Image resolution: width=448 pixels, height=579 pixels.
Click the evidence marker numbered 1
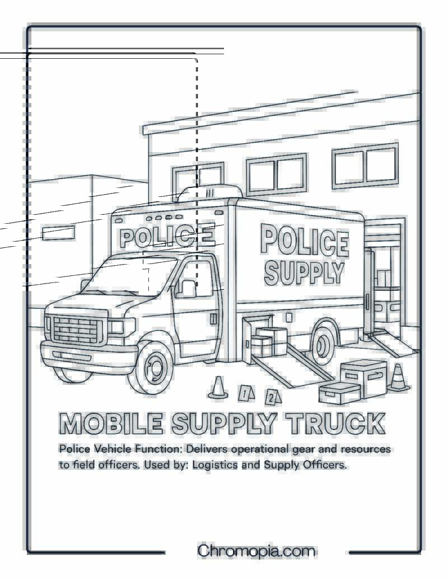click(246, 393)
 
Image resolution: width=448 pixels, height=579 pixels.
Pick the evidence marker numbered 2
click(273, 397)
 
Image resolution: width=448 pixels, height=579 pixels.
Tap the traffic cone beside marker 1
click(218, 388)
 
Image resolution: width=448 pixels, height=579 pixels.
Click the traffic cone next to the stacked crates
click(398, 378)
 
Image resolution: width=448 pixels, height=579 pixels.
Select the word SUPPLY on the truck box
click(304, 273)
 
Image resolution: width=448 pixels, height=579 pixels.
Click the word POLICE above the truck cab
click(167, 236)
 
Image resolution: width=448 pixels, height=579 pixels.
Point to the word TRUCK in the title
click(335, 423)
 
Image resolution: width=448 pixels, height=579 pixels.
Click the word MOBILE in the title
click(110, 423)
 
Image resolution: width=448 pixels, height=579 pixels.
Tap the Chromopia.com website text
click(256, 551)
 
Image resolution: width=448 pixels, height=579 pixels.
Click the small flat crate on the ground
click(339, 393)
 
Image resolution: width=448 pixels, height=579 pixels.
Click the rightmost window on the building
click(365, 166)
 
